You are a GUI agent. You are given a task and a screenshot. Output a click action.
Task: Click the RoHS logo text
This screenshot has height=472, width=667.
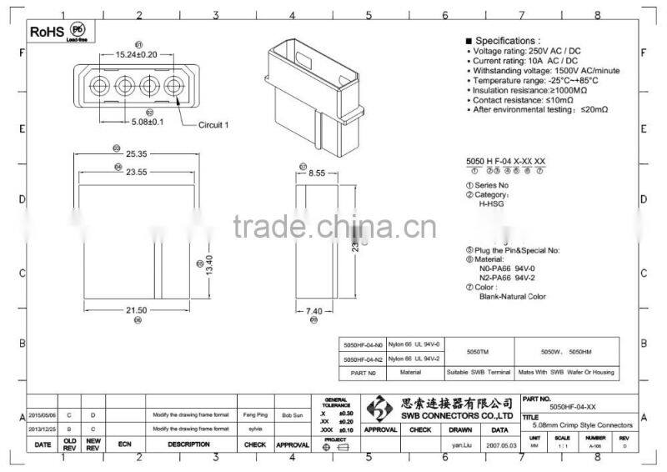click(48, 31)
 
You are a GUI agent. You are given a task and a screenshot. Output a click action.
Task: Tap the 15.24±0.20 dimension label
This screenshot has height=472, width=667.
click(136, 54)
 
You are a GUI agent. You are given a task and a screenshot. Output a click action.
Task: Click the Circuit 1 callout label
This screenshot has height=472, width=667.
click(213, 125)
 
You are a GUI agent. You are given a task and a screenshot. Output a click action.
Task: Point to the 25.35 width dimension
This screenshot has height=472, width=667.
click(138, 154)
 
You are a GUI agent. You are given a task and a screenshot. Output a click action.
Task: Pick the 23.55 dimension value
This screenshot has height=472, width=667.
click(138, 173)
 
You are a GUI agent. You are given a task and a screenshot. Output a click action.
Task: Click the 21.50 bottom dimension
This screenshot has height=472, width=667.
click(138, 309)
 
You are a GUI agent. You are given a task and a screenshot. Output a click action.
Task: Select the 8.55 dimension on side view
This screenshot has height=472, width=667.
click(316, 173)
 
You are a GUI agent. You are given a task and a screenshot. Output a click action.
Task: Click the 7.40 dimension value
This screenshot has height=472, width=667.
click(313, 309)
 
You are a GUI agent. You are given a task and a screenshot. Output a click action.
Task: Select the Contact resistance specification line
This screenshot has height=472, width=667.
click(525, 100)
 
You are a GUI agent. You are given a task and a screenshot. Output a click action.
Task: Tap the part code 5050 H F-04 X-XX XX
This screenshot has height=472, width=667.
click(505, 160)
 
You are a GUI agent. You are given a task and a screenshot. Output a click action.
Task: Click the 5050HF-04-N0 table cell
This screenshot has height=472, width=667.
click(364, 344)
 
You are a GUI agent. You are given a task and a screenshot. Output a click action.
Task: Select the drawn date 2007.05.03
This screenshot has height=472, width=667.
click(499, 446)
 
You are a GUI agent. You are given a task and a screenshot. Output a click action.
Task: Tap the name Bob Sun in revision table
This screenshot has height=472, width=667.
click(292, 414)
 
